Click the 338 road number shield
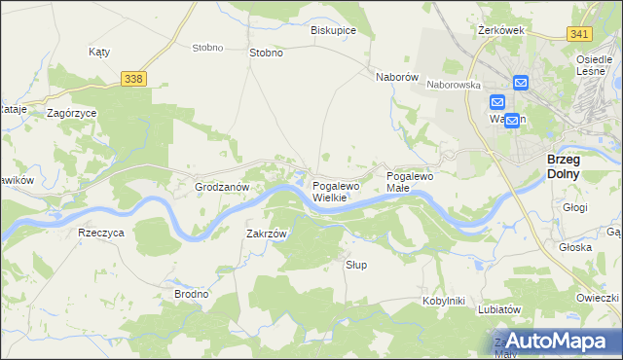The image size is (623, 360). (134, 78)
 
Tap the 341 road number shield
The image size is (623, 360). (580, 34)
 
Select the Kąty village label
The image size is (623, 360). (98, 52)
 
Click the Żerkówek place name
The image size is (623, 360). (502, 30)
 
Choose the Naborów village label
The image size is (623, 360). (397, 76)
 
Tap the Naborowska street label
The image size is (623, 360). (455, 85)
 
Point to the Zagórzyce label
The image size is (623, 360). (71, 113)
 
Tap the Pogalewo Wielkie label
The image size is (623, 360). (336, 192)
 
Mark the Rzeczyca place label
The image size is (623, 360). (101, 234)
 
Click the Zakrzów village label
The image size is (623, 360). (267, 234)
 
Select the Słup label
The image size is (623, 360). (357, 265)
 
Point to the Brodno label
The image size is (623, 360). (191, 294)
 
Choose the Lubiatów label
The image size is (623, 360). (502, 309)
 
